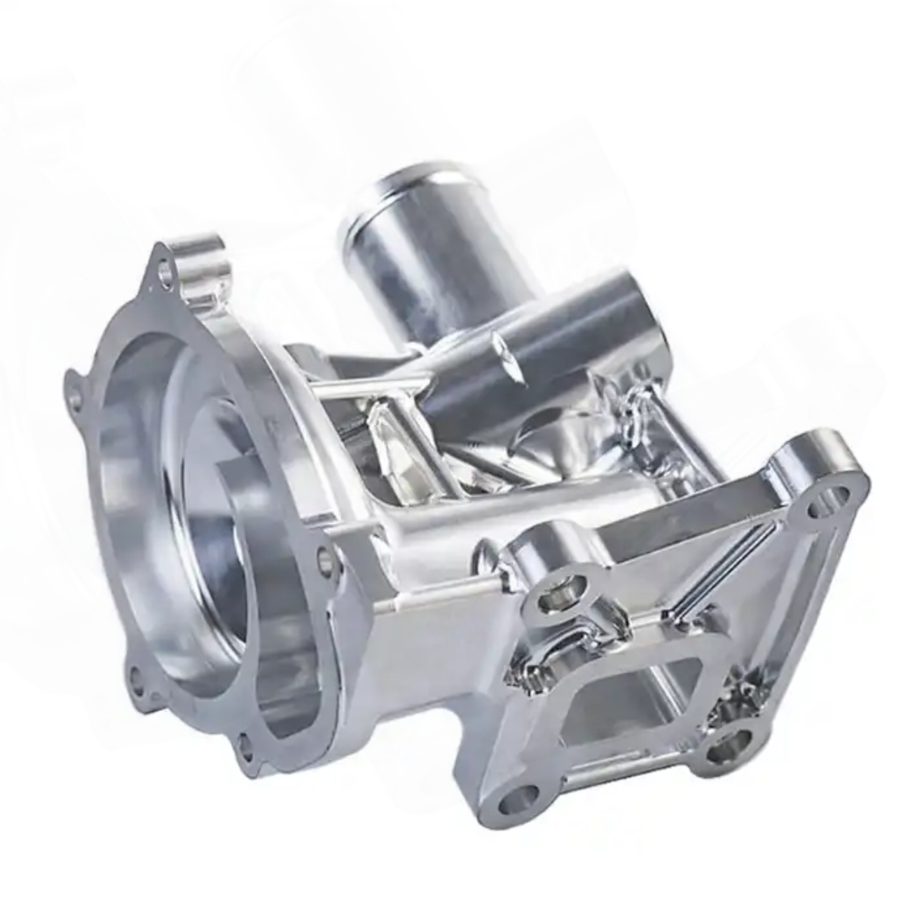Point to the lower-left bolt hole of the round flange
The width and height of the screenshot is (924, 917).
point(136,677)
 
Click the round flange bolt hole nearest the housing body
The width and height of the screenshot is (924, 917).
point(322,558)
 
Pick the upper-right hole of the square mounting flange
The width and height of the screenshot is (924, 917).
point(818,507)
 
